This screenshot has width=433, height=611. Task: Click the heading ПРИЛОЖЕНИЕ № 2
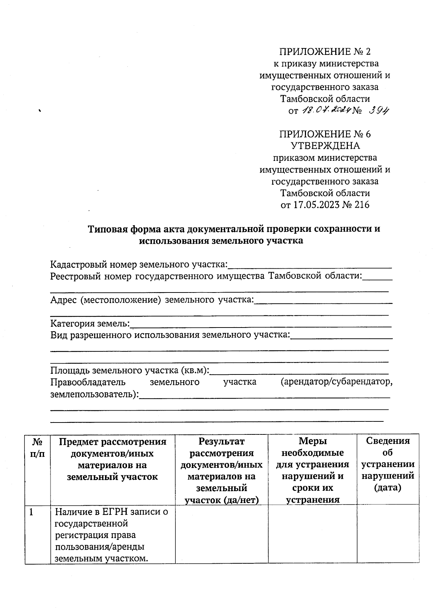325,52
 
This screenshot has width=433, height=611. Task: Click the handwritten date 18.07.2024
326,110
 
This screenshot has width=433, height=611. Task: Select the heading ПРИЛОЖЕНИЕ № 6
325,134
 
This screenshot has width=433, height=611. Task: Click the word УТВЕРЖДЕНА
325,146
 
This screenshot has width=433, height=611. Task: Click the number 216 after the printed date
362,205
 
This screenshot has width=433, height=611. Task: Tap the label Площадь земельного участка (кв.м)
130,370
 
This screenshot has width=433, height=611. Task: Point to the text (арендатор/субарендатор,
336,382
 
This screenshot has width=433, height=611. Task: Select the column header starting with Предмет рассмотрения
112,459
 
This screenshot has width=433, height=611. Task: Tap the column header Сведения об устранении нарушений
388,464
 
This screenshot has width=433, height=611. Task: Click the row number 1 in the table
32,512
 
